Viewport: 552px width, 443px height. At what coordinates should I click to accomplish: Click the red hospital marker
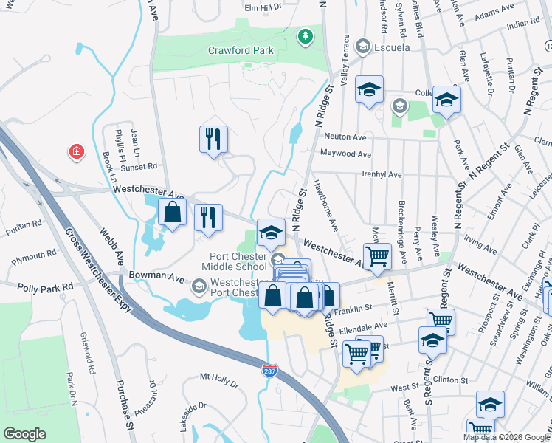point(76,153)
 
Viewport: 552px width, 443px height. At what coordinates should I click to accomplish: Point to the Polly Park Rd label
point(47,286)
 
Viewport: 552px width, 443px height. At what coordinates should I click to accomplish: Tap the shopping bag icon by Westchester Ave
point(172,214)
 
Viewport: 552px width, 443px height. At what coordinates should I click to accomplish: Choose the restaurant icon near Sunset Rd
point(213,139)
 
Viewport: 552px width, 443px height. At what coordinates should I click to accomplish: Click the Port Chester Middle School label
point(235,261)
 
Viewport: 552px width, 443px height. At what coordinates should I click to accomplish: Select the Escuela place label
point(391,48)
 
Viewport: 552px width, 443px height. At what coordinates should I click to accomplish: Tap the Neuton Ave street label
point(345,137)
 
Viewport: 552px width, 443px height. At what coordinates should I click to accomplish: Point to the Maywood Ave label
point(345,154)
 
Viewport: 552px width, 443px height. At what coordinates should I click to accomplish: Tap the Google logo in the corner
point(25,434)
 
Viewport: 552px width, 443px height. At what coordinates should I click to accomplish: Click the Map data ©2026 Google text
point(506,437)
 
